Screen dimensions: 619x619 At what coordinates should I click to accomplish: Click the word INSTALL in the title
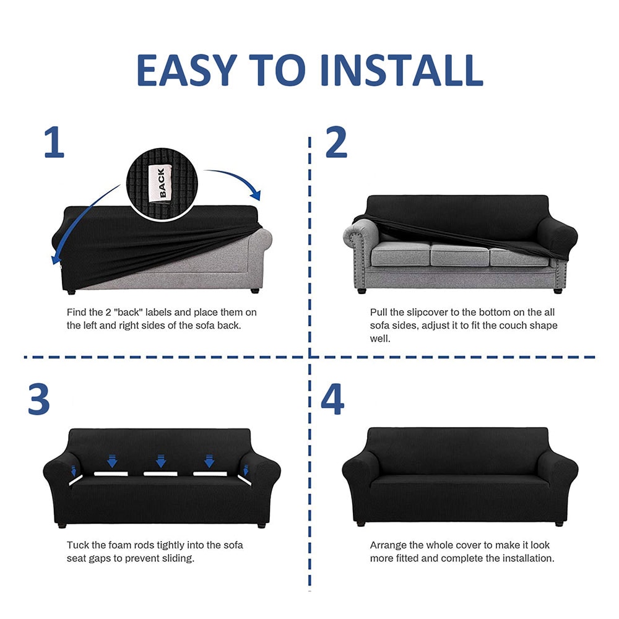coord(402,71)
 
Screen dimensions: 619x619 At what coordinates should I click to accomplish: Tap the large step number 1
coord(54,142)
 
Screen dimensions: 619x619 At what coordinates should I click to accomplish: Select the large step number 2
coord(336,142)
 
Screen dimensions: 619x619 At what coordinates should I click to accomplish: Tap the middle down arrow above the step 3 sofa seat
coord(161,461)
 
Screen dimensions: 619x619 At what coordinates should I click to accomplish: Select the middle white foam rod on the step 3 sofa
coord(160,474)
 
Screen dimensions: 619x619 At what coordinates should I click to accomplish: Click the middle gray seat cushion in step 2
coord(459,254)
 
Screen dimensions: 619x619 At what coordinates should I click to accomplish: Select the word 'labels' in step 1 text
coord(158,312)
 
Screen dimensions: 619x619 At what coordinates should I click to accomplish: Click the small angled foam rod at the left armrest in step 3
coord(76,480)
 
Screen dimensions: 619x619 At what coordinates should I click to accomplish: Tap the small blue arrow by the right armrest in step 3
coord(246,470)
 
